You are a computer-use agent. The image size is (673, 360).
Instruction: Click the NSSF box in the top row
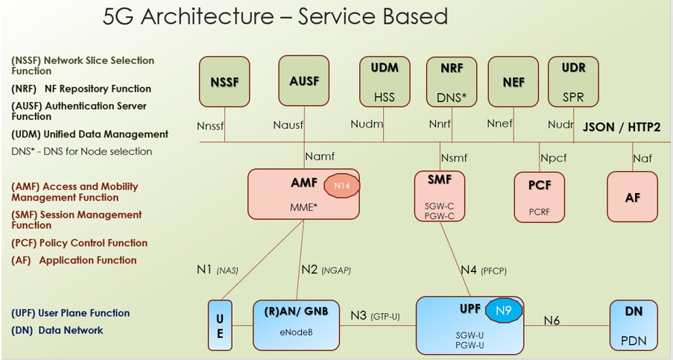(x=224, y=81)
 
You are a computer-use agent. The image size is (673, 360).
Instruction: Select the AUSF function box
(x=303, y=80)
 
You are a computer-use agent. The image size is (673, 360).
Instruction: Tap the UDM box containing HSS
(x=385, y=81)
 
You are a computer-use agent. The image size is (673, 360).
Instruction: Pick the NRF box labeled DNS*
(x=451, y=81)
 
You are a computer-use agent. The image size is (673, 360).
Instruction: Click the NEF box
(x=513, y=81)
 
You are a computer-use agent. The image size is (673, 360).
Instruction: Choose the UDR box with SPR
(x=573, y=81)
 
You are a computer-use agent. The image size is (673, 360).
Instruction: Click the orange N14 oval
(x=342, y=186)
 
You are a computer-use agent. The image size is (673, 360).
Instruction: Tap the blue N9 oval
(x=504, y=310)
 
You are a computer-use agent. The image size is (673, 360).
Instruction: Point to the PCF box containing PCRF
(x=539, y=197)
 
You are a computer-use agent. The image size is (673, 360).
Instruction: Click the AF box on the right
(x=632, y=197)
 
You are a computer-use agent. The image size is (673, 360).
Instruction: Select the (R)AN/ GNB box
(x=296, y=324)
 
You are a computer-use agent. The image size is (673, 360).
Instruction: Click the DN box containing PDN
(x=633, y=324)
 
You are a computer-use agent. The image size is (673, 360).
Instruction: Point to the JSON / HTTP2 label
(x=622, y=127)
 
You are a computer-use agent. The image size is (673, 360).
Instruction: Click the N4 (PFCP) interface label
(x=483, y=270)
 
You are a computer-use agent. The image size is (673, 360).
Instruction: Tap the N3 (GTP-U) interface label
(x=375, y=316)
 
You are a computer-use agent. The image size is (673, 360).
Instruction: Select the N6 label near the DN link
(x=552, y=320)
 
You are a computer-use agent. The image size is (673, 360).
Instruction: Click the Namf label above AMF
(x=320, y=157)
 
